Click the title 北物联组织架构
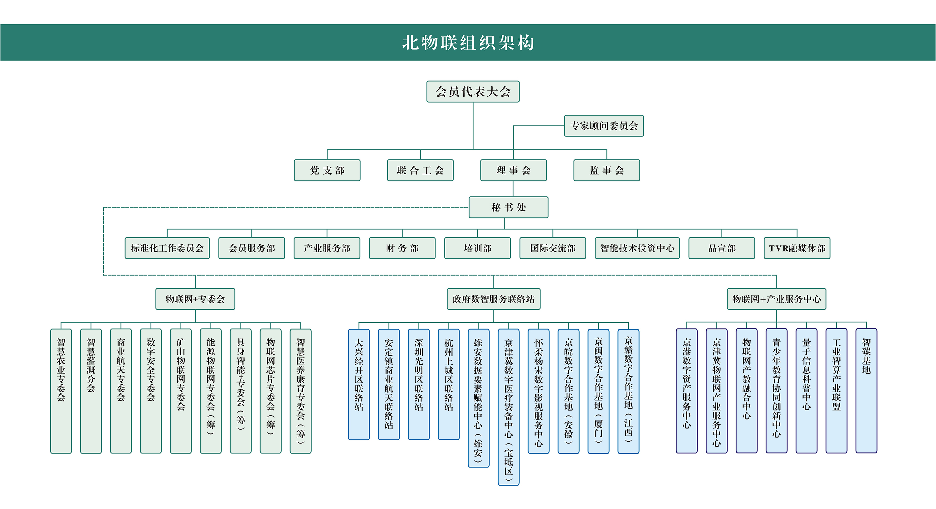468,42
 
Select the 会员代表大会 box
473,92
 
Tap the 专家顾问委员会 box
603,126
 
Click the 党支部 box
327,170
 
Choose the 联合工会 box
420,170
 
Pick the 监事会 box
607,170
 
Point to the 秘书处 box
508,207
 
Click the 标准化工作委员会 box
167,248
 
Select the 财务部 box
402,248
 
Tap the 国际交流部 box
553,248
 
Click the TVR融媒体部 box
797,248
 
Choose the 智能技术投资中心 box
637,248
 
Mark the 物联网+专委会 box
195,299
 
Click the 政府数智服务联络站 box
494,299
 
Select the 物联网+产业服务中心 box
777,299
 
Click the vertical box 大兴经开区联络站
358,384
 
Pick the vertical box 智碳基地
866,391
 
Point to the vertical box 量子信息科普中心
806,391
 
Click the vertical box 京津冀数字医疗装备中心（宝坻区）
508,407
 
